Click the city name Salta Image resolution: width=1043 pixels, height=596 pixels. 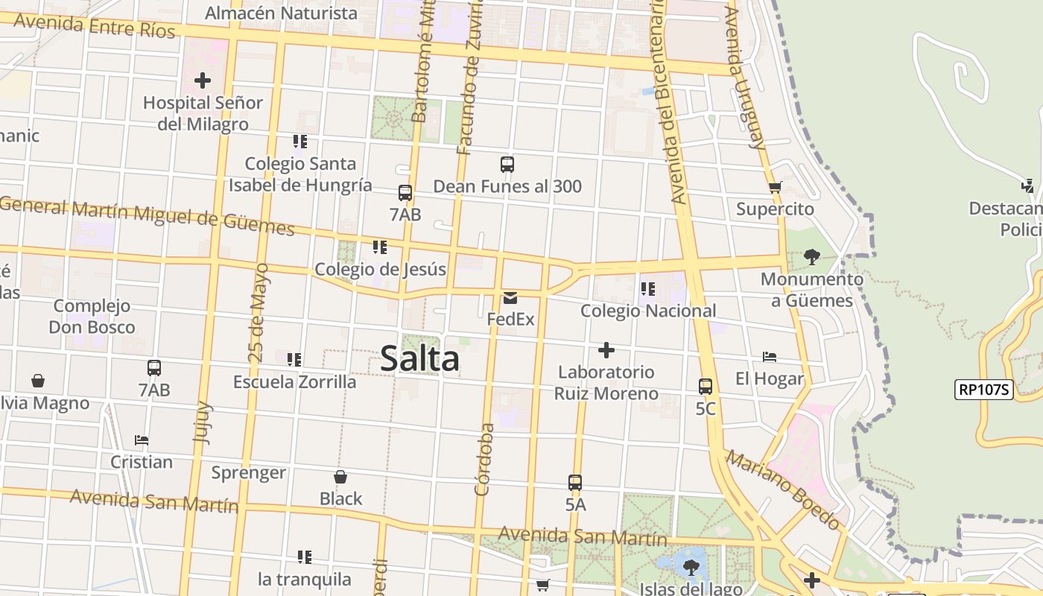419,359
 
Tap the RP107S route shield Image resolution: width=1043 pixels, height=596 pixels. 983,389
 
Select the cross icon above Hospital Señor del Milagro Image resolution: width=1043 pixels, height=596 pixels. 202,80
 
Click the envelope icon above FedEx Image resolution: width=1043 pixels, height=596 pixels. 510,298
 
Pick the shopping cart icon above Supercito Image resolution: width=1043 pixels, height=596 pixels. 775,188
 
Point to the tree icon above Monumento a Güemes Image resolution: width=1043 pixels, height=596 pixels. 812,258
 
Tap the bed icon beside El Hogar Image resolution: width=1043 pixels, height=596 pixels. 770,357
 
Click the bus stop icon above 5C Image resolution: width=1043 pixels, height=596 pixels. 705,387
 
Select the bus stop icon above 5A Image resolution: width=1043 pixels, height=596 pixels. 574,482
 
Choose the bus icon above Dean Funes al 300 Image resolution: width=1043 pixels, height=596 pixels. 507,165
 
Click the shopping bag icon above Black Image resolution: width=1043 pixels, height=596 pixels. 340,477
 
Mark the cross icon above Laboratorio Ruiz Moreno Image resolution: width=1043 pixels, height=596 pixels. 606,350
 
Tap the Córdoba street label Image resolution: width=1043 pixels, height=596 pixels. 484,459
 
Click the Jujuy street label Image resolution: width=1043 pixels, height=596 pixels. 203,422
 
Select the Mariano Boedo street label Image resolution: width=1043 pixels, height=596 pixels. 783,490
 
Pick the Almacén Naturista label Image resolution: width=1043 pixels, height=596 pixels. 281,13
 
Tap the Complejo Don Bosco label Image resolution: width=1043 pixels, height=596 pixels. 92,317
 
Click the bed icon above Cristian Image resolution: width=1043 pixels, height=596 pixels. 142,440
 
